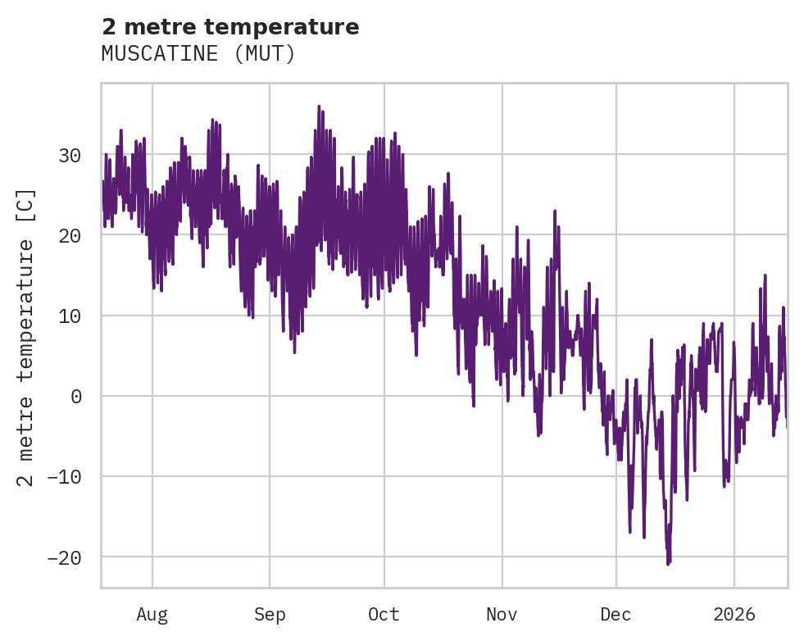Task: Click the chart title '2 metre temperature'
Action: [x=230, y=27]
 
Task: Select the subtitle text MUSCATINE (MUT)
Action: [x=198, y=54]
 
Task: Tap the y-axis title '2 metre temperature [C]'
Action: [x=26, y=337]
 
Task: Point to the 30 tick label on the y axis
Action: [x=70, y=154]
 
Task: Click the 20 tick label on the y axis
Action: [x=70, y=234]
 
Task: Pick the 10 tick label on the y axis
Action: [x=70, y=316]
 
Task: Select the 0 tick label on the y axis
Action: [x=77, y=396]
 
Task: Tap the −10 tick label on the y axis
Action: [x=65, y=476]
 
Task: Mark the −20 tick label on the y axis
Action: [x=65, y=557]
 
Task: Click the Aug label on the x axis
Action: [x=152, y=614]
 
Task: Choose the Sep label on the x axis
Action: [x=270, y=614]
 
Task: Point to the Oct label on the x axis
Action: [x=384, y=614]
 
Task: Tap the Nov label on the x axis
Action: [x=502, y=614]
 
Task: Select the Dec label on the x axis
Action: [x=615, y=614]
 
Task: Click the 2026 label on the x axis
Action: [x=734, y=614]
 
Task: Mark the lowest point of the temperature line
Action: [x=668, y=564]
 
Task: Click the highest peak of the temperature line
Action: [x=319, y=106]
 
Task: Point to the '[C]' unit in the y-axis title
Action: [x=26, y=202]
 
